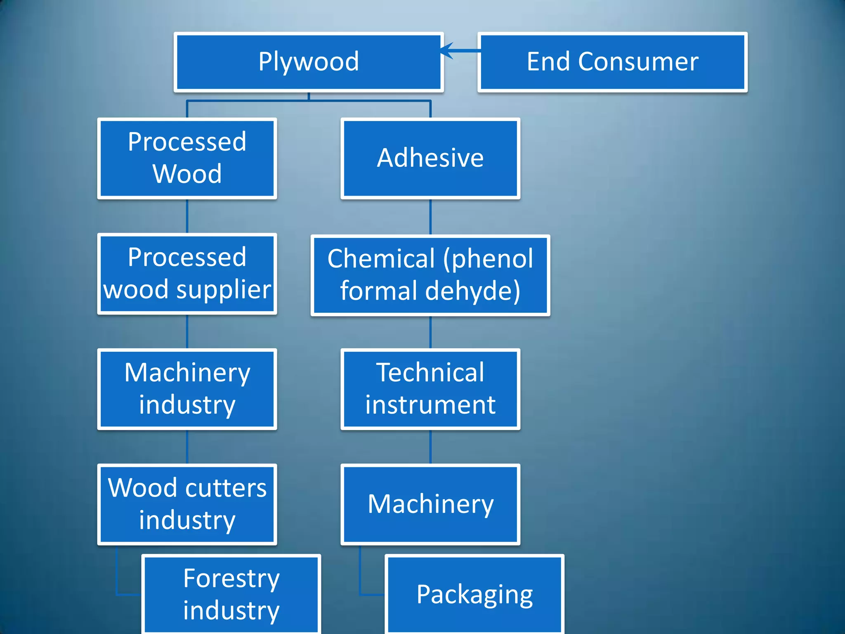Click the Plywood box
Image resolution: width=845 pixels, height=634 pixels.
tap(309, 62)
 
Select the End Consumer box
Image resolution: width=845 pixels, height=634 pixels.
tap(612, 62)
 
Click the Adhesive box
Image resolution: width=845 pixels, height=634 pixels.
tap(430, 158)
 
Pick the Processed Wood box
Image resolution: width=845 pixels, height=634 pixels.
tap(187, 158)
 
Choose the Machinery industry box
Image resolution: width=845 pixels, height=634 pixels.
tap(187, 389)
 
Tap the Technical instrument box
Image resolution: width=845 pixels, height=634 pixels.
tap(430, 389)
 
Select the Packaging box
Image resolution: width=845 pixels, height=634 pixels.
tap(474, 594)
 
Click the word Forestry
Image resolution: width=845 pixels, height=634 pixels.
tap(231, 579)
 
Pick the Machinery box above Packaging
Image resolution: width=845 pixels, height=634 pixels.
tap(430, 504)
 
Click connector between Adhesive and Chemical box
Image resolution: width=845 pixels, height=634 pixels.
tap(430, 217)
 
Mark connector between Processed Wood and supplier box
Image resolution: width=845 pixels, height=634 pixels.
tap(187, 216)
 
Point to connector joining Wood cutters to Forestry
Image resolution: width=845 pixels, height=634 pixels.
tap(118, 578)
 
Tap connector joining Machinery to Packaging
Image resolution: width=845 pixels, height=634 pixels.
tap(360, 578)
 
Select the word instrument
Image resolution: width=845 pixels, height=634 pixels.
tap(430, 405)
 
